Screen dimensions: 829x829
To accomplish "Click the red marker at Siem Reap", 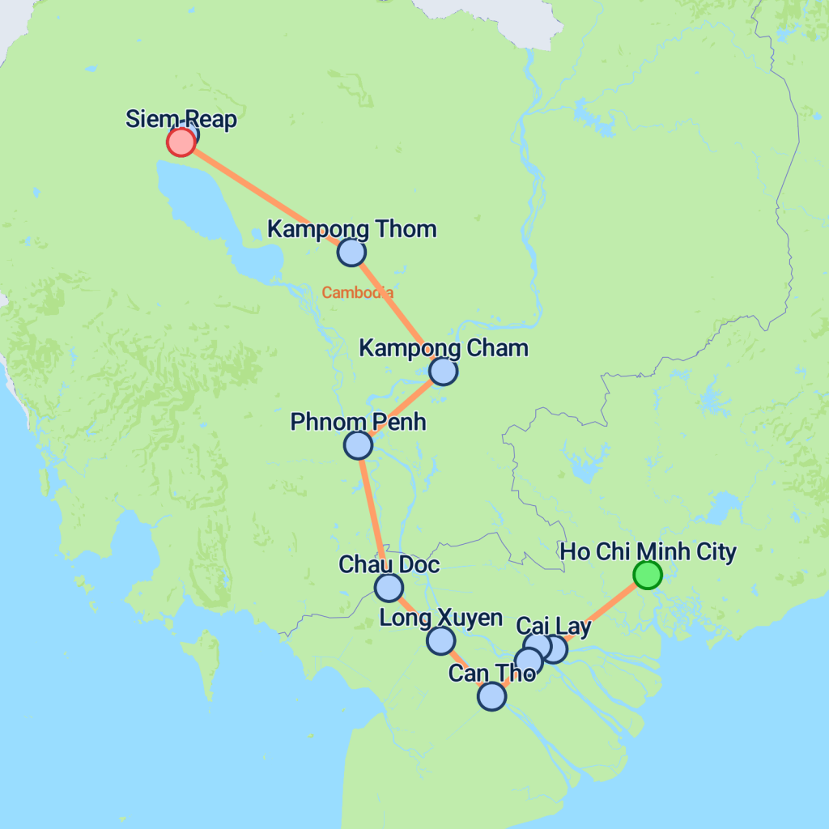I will pyautogui.click(x=181, y=142).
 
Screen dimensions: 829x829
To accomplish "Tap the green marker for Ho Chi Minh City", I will pyautogui.click(x=647, y=575).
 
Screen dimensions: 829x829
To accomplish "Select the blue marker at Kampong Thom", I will pyautogui.click(x=351, y=253).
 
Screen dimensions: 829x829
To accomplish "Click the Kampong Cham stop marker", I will pyautogui.click(x=443, y=371).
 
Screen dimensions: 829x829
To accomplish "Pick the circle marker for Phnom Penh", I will pyautogui.click(x=358, y=444).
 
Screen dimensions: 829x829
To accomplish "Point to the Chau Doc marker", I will pyautogui.click(x=389, y=587).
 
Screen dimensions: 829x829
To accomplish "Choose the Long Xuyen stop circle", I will pyautogui.click(x=440, y=640).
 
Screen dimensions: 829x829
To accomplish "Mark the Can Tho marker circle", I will pyautogui.click(x=491, y=695).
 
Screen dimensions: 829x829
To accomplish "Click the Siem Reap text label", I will pyautogui.click(x=181, y=120).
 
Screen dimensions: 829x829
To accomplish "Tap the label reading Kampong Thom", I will pyautogui.click(x=351, y=229).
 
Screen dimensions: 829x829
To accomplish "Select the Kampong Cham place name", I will pyautogui.click(x=443, y=348).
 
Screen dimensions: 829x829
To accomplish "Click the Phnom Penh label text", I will pyautogui.click(x=358, y=422).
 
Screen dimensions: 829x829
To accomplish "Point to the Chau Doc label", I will pyautogui.click(x=389, y=564).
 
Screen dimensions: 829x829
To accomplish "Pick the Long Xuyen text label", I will pyautogui.click(x=440, y=618).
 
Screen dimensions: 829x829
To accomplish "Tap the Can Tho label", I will pyautogui.click(x=491, y=673).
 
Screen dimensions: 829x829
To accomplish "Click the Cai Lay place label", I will pyautogui.click(x=553, y=626).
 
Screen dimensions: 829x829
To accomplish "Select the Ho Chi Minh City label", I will pyautogui.click(x=648, y=552).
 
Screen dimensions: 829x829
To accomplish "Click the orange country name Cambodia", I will pyautogui.click(x=358, y=293).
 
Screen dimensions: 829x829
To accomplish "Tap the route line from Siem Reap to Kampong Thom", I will pyautogui.click(x=267, y=198).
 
